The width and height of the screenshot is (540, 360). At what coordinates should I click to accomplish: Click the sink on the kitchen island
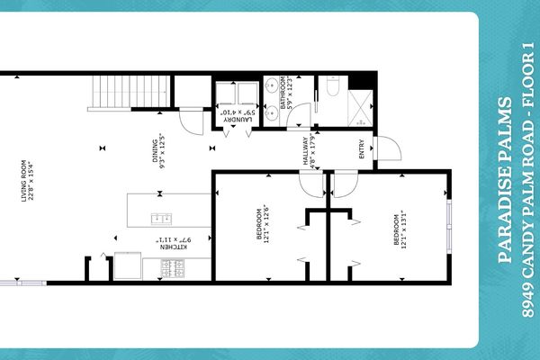pyautogui.click(x=163, y=217)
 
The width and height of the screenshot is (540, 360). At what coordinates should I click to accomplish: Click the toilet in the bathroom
pyautogui.click(x=330, y=87)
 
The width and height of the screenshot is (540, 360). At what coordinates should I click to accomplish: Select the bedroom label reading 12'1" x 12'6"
pyautogui.click(x=263, y=225)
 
